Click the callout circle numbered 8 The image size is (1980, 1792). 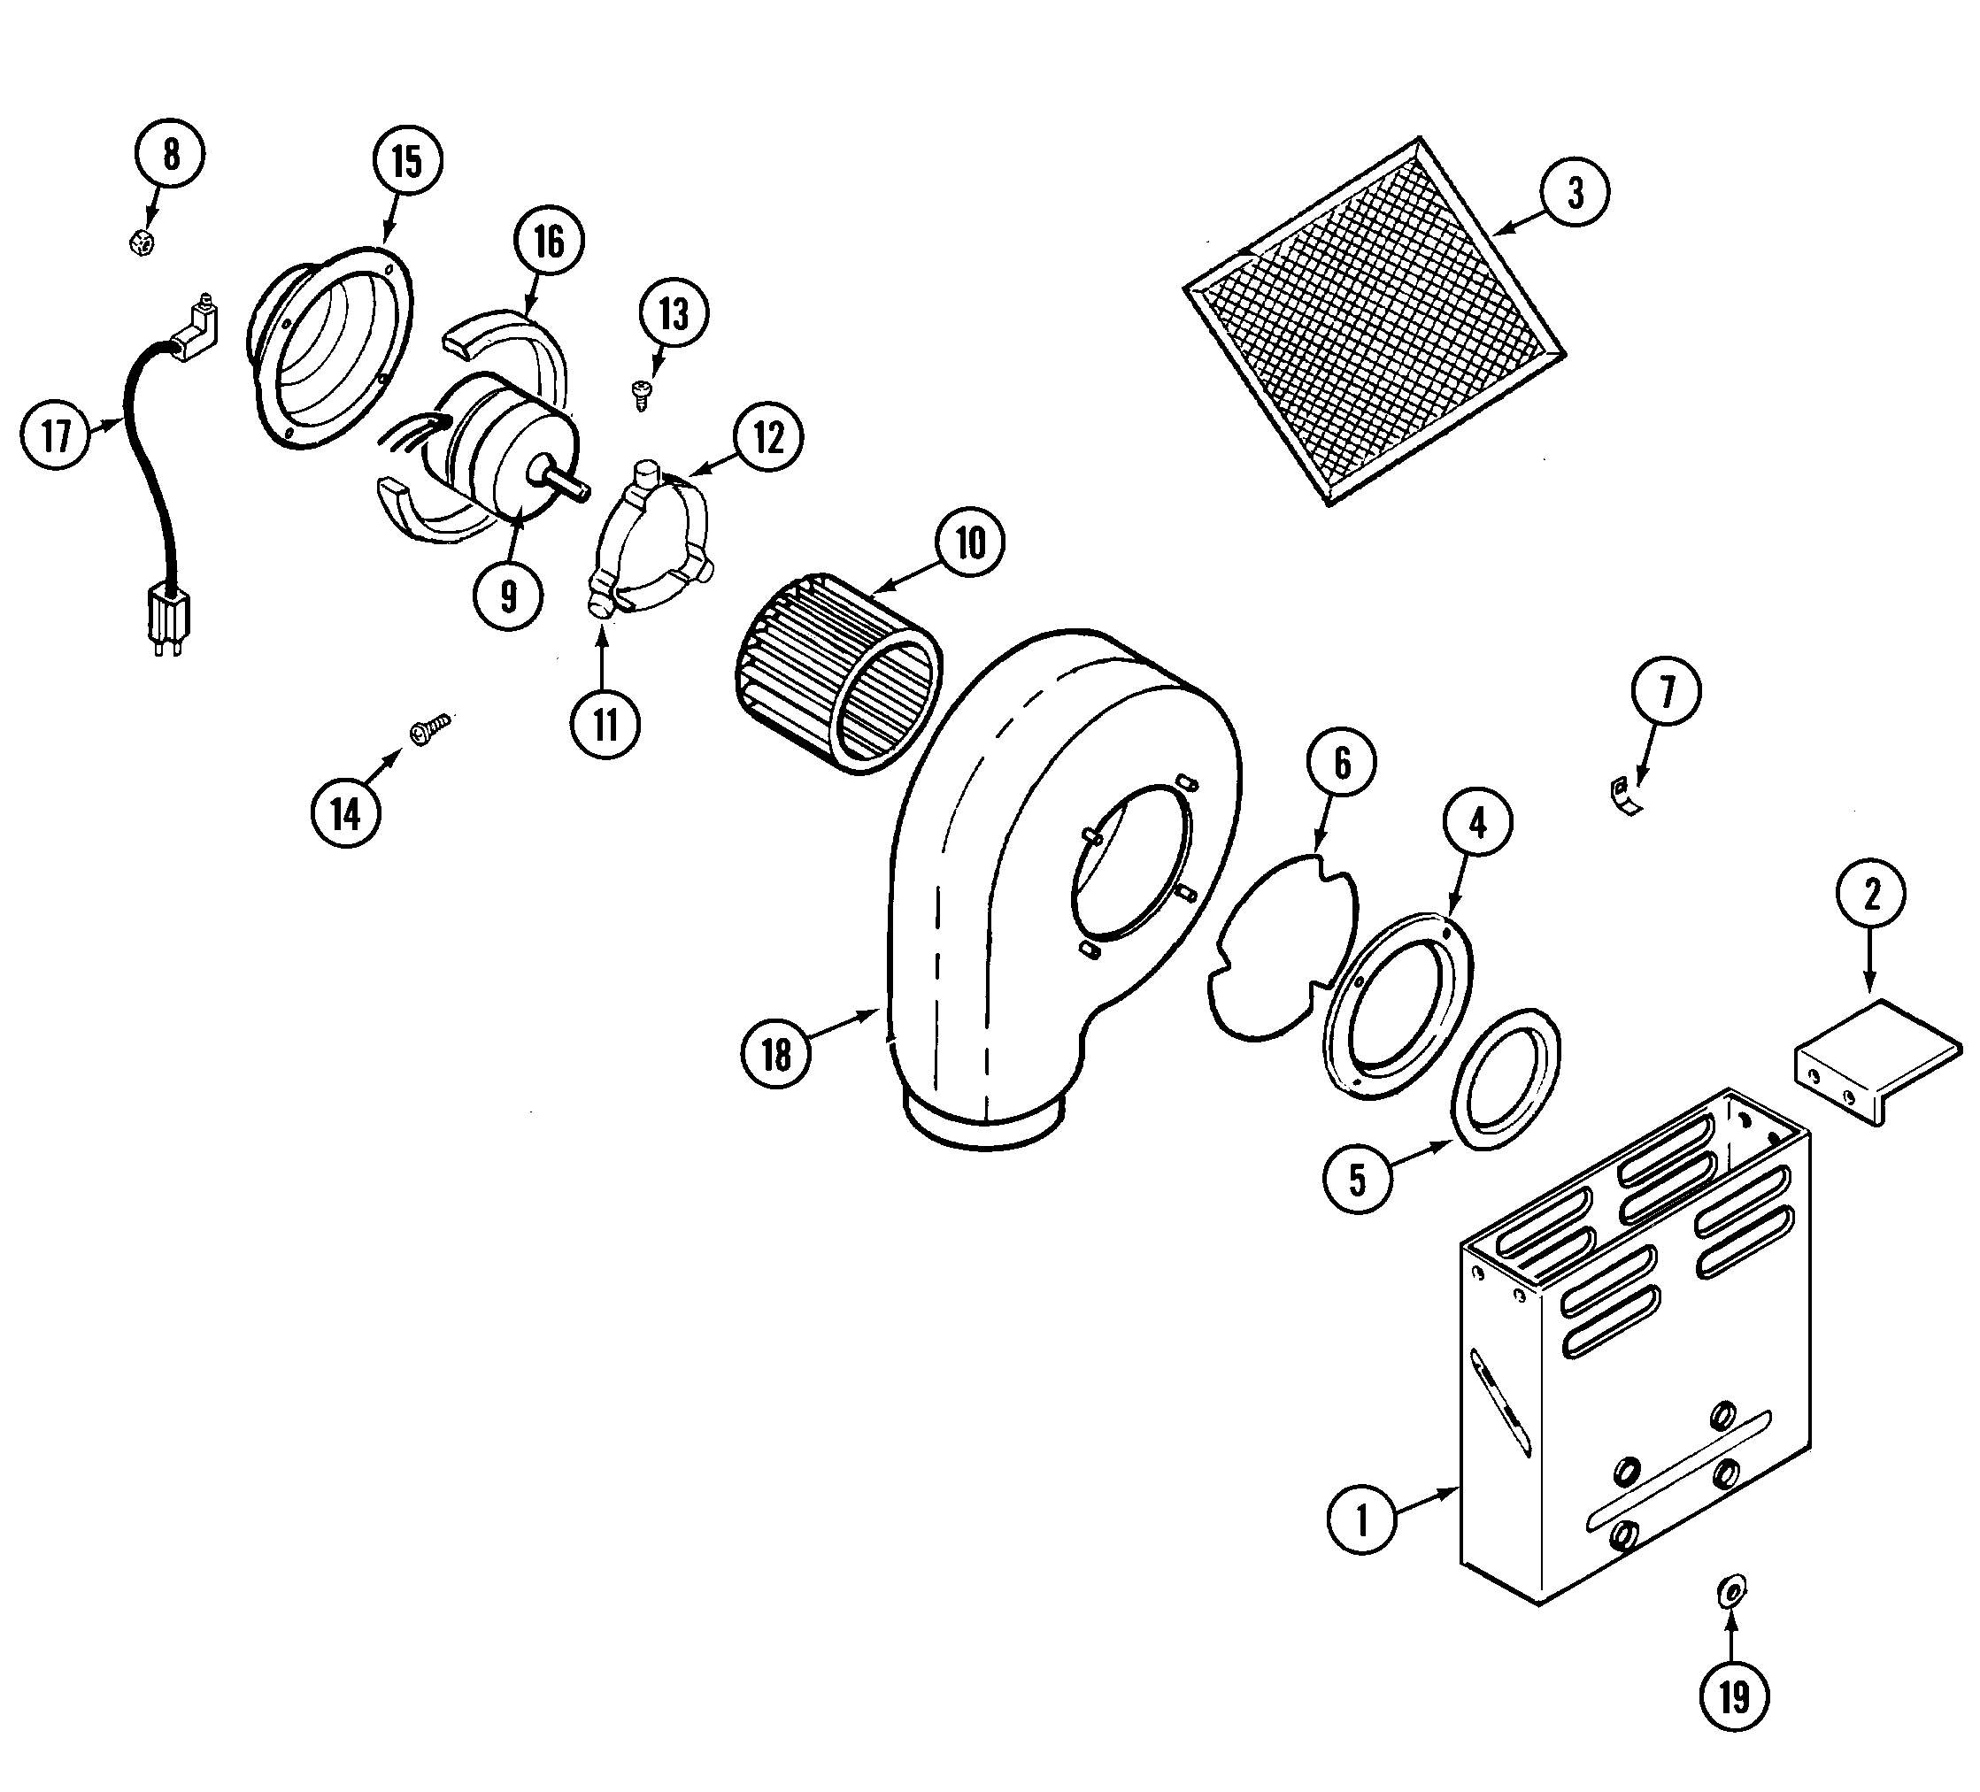[x=171, y=154]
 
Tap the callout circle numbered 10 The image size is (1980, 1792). [x=969, y=543]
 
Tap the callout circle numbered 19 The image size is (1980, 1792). [x=1733, y=1696]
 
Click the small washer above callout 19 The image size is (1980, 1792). [x=1732, y=1588]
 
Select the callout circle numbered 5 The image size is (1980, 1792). [x=1357, y=1180]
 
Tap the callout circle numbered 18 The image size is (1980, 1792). [x=776, y=1055]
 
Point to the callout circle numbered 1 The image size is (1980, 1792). [x=1361, y=1520]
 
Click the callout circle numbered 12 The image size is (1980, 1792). [x=768, y=437]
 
